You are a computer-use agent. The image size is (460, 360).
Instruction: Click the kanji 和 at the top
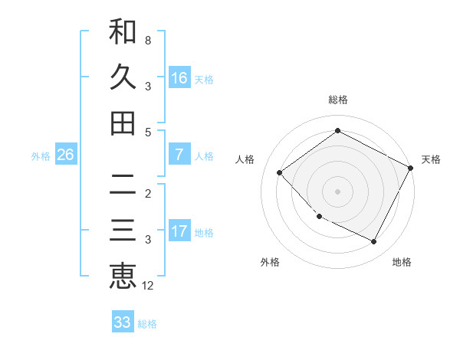(x=123, y=32)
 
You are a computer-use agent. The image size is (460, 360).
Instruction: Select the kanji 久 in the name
(x=123, y=77)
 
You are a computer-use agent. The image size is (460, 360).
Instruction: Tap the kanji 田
(x=123, y=123)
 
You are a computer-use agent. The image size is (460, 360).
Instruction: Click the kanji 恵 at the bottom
(x=123, y=275)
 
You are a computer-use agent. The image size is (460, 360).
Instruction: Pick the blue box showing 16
(x=179, y=78)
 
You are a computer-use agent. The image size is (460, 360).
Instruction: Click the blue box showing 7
(x=179, y=155)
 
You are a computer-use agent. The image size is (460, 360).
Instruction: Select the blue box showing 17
(x=179, y=231)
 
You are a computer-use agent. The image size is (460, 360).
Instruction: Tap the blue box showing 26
(x=66, y=155)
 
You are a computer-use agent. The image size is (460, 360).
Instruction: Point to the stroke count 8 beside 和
(x=148, y=39)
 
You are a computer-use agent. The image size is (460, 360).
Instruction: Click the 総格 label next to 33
(x=148, y=324)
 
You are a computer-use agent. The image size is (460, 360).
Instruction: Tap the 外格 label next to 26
(x=41, y=155)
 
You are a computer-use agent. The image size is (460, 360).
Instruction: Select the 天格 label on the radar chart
(x=431, y=159)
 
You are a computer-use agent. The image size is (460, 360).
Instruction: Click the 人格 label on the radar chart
(x=245, y=159)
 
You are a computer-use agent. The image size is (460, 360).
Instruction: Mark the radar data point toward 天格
(x=411, y=168)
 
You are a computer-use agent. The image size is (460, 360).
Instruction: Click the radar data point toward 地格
(x=374, y=242)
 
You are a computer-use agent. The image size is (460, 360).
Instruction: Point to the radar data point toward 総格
(x=338, y=130)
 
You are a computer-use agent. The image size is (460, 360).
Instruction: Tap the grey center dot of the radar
(x=338, y=191)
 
